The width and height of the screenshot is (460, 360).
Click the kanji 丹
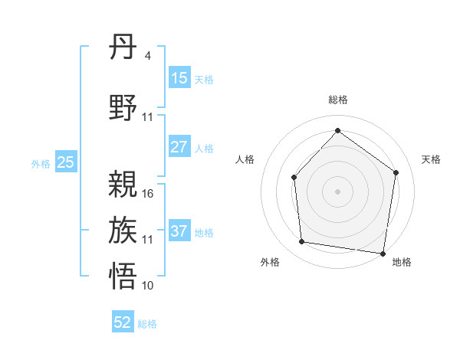123,51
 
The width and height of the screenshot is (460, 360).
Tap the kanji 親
123,184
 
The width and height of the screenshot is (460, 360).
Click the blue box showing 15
179,78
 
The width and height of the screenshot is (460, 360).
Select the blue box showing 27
179,147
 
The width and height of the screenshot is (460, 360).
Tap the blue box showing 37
179,231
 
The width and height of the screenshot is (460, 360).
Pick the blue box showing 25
65,162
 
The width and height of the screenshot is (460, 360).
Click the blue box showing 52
123,322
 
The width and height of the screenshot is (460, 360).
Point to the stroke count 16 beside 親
148,194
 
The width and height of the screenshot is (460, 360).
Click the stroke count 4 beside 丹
147,56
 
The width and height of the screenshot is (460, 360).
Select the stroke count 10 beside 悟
148,286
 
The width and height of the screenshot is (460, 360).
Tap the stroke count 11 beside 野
148,117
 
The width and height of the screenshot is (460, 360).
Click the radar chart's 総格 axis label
337,100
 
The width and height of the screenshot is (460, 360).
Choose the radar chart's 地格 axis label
402,262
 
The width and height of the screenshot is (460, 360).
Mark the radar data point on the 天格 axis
396,172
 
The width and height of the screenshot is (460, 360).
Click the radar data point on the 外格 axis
302,242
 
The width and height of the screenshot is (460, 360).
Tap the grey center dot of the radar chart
337,191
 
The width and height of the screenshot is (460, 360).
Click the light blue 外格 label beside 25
40,163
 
